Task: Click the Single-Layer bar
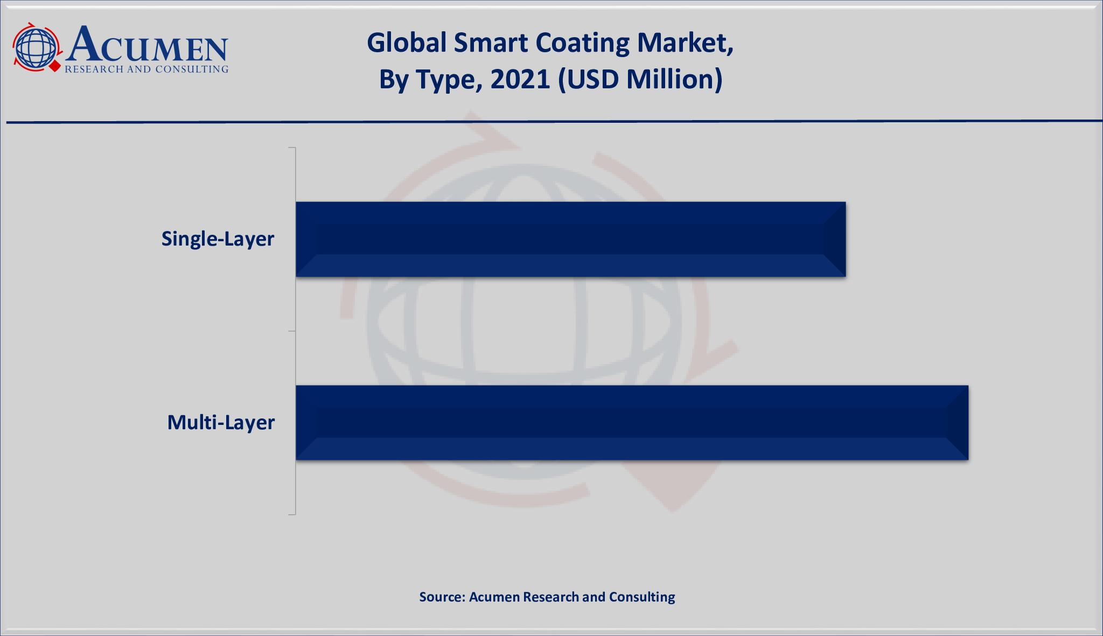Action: pos(570,239)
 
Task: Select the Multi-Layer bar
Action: pos(632,423)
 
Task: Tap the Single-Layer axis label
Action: pos(218,239)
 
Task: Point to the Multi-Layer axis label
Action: pos(221,422)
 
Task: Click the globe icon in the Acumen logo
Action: pos(36,47)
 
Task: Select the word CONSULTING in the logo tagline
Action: pos(192,69)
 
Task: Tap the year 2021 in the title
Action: pos(520,79)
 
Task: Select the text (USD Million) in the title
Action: pos(640,79)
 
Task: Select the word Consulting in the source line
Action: pos(642,597)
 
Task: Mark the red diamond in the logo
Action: pos(54,66)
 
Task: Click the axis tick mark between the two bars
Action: pos(292,331)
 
